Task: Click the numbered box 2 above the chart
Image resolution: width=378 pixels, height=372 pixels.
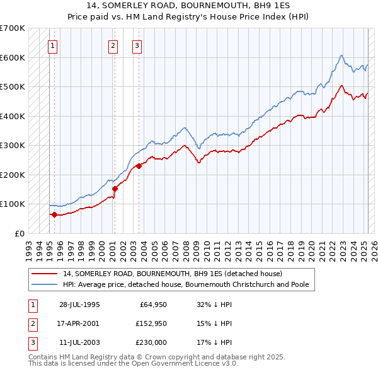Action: tap(113, 45)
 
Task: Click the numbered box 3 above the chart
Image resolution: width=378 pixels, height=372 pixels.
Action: tap(137, 45)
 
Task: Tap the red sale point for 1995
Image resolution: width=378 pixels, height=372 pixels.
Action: tap(54, 214)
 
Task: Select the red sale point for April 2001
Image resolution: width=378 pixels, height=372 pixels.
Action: tap(115, 188)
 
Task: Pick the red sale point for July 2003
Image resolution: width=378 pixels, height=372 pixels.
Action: tap(139, 166)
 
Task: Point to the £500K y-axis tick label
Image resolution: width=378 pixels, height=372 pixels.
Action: tap(13, 86)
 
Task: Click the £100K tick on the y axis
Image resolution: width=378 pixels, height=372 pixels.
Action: tap(13, 204)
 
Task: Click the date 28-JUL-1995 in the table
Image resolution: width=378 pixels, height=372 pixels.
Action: tap(79, 305)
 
